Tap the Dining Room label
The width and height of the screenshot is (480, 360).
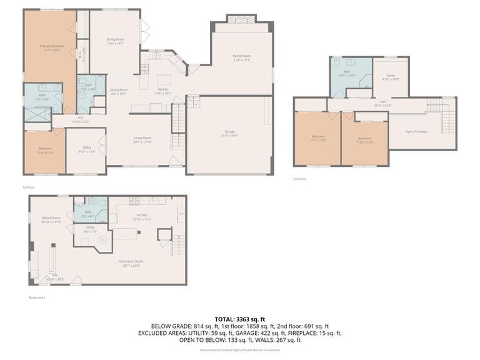pyautogui.click(x=115, y=39)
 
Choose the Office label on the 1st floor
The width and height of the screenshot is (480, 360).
pyautogui.click(x=87, y=147)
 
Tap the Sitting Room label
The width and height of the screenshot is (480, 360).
pyautogui.click(x=119, y=89)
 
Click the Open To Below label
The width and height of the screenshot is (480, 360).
pyautogui.click(x=416, y=132)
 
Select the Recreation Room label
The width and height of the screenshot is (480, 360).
pyautogui.click(x=132, y=261)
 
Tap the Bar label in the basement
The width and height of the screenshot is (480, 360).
pyautogui.click(x=54, y=276)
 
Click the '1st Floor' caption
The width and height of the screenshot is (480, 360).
pyautogui.click(x=27, y=187)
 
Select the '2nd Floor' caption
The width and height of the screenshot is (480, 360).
pyautogui.click(x=299, y=179)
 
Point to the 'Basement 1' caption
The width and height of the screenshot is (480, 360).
pyautogui.click(x=37, y=297)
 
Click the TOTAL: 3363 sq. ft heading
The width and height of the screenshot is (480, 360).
pyautogui.click(x=240, y=319)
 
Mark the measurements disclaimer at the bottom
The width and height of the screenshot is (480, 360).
pyautogui.click(x=240, y=351)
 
